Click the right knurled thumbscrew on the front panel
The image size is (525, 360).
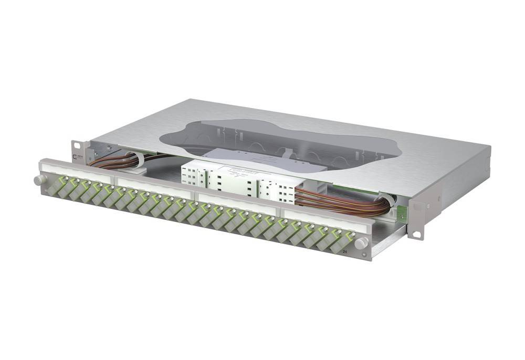pos(361,243)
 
